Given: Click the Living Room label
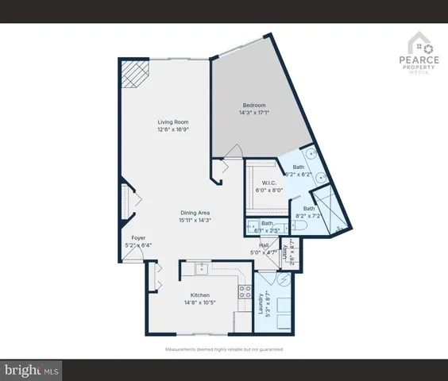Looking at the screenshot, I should point(172,121).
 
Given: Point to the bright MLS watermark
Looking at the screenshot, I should point(32,369).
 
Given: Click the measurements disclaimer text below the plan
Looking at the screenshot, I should point(223,350).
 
